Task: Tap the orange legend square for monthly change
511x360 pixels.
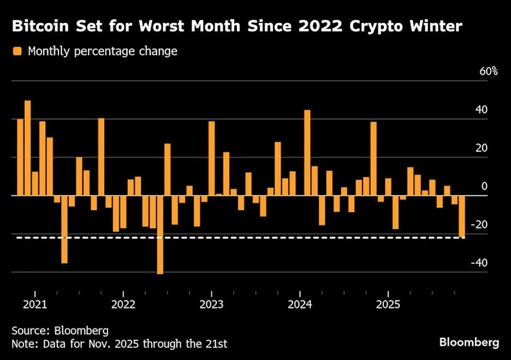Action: click(17, 52)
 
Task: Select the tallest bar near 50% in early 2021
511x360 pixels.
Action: click(28, 147)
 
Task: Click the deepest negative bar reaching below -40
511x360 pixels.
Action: click(160, 235)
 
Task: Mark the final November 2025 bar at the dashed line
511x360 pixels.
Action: click(462, 217)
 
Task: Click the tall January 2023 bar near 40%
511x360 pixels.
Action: click(211, 158)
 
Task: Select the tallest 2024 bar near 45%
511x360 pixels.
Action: click(307, 153)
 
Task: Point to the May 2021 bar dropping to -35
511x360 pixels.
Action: click(64, 229)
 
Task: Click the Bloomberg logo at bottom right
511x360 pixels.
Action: click(469, 343)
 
